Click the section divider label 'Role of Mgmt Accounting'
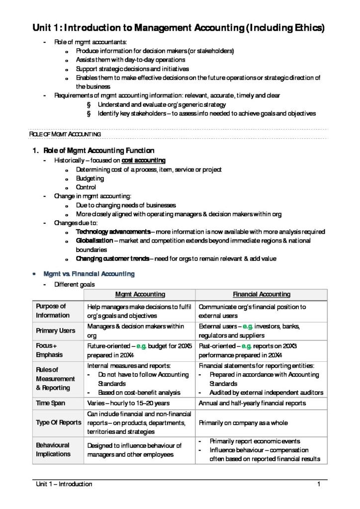[x=65, y=134]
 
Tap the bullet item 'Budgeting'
[x=90, y=178]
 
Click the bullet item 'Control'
[x=86, y=187]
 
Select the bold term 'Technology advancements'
[x=113, y=232]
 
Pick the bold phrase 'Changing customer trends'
[x=112, y=258]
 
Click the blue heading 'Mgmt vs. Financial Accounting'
[x=89, y=274]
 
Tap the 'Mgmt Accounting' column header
[x=140, y=295]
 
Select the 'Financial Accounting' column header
[x=262, y=295]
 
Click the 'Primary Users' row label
[x=56, y=331]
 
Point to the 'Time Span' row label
[x=50, y=403]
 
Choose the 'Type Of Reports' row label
[x=58, y=423]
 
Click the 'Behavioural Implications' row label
[x=53, y=449]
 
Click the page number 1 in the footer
[x=318, y=484]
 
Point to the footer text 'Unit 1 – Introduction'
[x=63, y=484]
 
